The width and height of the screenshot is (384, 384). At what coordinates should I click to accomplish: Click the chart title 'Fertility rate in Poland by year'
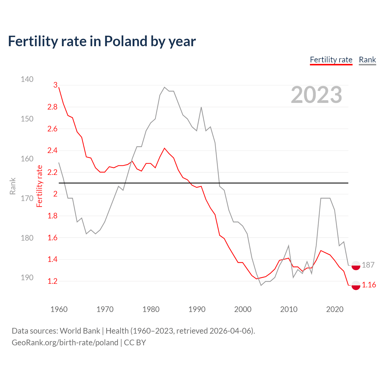(102, 41)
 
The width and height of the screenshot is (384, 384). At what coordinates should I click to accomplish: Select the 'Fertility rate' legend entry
(331, 60)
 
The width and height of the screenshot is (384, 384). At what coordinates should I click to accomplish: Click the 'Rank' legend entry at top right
(367, 60)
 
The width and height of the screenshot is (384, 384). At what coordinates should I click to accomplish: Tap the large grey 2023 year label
(316, 95)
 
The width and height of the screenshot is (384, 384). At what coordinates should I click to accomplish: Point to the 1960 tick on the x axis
(59, 309)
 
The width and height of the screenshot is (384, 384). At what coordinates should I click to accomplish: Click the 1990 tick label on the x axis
(197, 309)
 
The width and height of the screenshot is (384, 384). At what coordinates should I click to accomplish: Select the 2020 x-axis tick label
(334, 309)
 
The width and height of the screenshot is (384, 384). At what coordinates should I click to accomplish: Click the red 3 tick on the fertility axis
(55, 85)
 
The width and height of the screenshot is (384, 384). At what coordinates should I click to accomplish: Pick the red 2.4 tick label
(52, 151)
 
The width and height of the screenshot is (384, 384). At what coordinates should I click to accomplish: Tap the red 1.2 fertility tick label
(52, 281)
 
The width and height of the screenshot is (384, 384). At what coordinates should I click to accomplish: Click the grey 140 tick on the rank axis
(27, 79)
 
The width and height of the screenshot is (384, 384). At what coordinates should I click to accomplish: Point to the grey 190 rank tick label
(27, 277)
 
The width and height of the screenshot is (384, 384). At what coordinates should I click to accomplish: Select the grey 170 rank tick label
(27, 198)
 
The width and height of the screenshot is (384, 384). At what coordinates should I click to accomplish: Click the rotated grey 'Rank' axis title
(13, 186)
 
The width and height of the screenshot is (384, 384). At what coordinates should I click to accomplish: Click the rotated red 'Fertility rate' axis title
(39, 186)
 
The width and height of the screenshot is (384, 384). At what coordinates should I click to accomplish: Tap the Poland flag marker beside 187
(356, 265)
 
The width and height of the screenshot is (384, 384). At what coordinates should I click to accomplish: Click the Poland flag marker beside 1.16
(356, 285)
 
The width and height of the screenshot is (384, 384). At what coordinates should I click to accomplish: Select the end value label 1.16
(369, 285)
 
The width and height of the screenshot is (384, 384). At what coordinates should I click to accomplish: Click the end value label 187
(368, 265)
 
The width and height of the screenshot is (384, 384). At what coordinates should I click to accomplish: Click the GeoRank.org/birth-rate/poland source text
(65, 343)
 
